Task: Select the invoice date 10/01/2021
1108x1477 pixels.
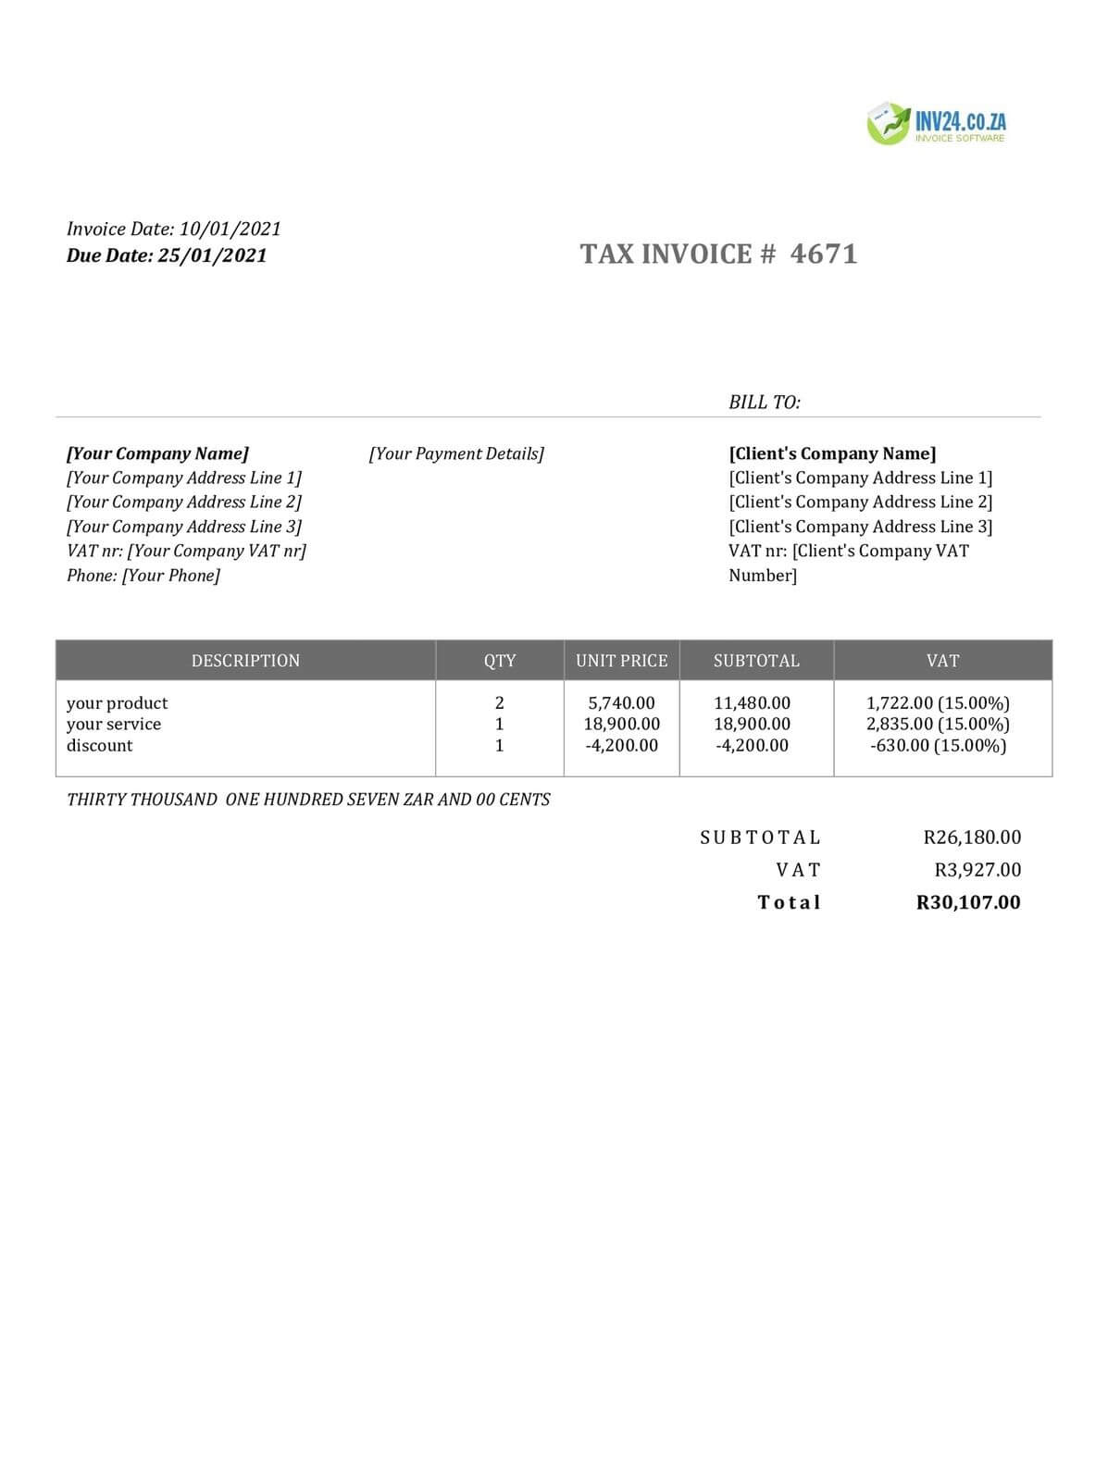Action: pos(230,229)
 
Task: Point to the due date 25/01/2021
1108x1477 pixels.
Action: pos(212,255)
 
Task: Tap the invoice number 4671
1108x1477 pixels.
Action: pos(824,254)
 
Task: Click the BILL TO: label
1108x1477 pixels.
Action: pos(765,402)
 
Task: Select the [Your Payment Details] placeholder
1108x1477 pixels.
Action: pos(456,453)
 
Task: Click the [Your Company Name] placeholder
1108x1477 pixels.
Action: pos(157,453)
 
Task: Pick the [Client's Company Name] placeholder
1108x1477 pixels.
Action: pos(832,453)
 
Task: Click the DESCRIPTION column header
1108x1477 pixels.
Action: pos(245,661)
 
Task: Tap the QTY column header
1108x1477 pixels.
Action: pos(500,661)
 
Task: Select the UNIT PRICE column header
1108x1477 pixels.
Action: pos(621,661)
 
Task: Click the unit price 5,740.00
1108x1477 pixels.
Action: pos(621,703)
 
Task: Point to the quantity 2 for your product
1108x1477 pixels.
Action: pos(500,703)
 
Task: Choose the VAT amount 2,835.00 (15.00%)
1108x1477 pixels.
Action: pos(938,724)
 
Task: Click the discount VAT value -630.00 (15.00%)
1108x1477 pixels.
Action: pos(938,745)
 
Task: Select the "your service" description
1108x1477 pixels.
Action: pos(114,724)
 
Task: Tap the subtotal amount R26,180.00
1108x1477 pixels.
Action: pos(972,838)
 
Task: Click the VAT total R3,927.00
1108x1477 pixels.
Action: pos(977,870)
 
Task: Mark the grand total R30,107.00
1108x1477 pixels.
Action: pos(968,902)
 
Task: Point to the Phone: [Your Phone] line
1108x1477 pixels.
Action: pos(143,576)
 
